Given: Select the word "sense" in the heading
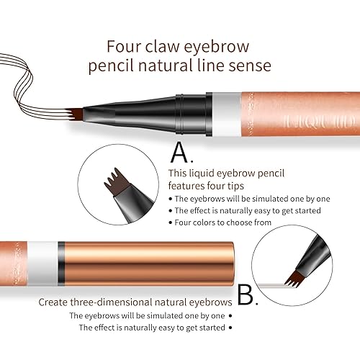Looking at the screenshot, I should click(x=251, y=67).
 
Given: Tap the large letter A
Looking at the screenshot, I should click(x=180, y=152).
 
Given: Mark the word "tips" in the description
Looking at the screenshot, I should click(x=253, y=185).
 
